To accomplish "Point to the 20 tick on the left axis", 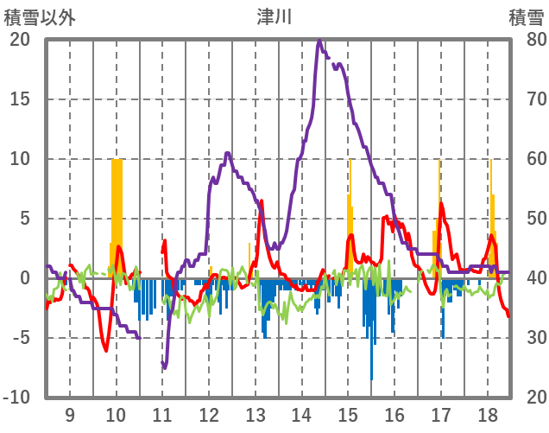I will pos(19,40).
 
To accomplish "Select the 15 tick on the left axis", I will pos(19,99).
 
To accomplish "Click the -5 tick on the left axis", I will pos(19,338).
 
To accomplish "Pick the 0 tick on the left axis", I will pos(24,278).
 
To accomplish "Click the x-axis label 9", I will pos(70,414).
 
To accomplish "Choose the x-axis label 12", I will pos(209,414).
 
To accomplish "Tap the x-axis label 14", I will pos(301,414).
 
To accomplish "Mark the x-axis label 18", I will pos(486,414).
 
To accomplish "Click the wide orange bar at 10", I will pos(117,216).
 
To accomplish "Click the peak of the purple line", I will pos(320,40).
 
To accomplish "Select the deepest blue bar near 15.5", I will pos(372,346).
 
